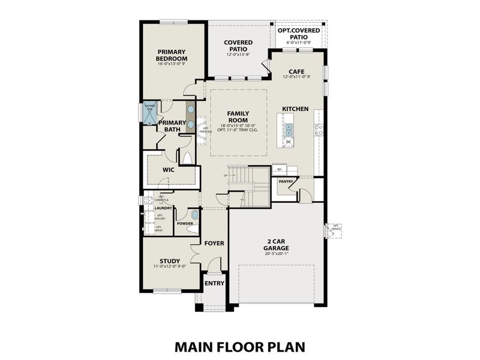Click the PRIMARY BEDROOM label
pos(172,55)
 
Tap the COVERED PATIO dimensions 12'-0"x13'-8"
pos(238,55)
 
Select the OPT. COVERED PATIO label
pos(298,33)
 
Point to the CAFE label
pos(297,70)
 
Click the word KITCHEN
pos(296,109)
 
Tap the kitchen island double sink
pos(289,127)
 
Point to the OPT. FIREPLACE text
pos(205,130)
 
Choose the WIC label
pos(168,170)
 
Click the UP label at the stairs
pos(225,175)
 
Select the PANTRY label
pos(285,181)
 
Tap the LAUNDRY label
pos(163,208)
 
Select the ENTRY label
pos(214,284)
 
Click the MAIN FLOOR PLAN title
pos(240,346)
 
